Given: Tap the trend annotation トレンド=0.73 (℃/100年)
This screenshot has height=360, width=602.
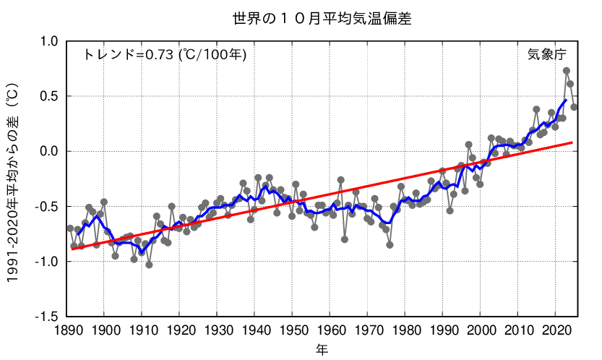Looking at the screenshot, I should coord(165,55).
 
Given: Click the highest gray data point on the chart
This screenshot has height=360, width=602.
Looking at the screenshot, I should coord(567,71).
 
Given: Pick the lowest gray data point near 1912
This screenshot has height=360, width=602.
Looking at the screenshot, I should coord(149,265).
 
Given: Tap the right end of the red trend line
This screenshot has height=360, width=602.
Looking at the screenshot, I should coord(572,142).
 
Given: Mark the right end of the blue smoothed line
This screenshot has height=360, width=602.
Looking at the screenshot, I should coord(565,100).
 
